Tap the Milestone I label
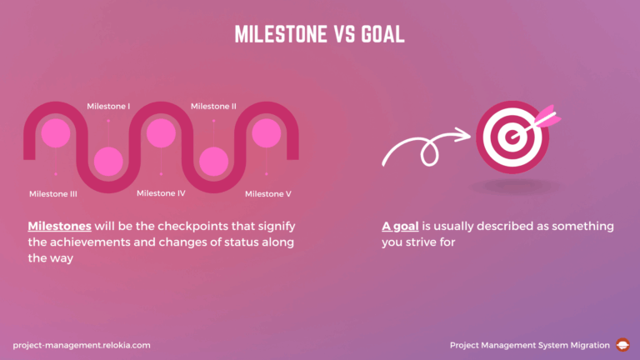(x=108, y=106)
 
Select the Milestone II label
(x=213, y=106)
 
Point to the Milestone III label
(x=53, y=194)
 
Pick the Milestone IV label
(x=161, y=193)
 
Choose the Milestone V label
(x=267, y=194)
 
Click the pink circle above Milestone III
(x=55, y=132)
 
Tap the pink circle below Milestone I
(x=108, y=160)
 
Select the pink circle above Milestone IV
(x=161, y=132)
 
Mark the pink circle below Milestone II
(x=213, y=160)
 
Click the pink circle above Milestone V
(x=267, y=132)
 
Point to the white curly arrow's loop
(x=430, y=152)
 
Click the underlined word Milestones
(x=60, y=226)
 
